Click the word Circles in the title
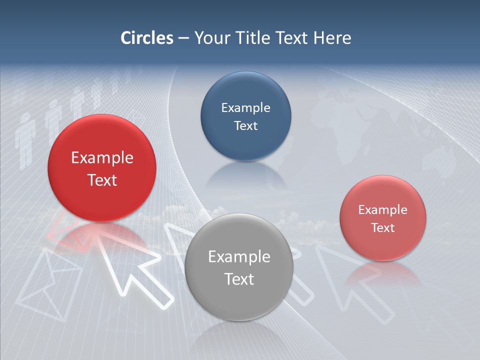tap(147, 38)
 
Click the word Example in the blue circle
tap(245, 108)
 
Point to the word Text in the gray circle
tap(239, 279)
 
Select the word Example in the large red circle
tap(102, 158)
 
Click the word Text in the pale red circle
tap(383, 228)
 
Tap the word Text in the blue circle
tap(245, 126)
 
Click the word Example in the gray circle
tap(239, 257)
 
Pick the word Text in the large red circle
tap(102, 180)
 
